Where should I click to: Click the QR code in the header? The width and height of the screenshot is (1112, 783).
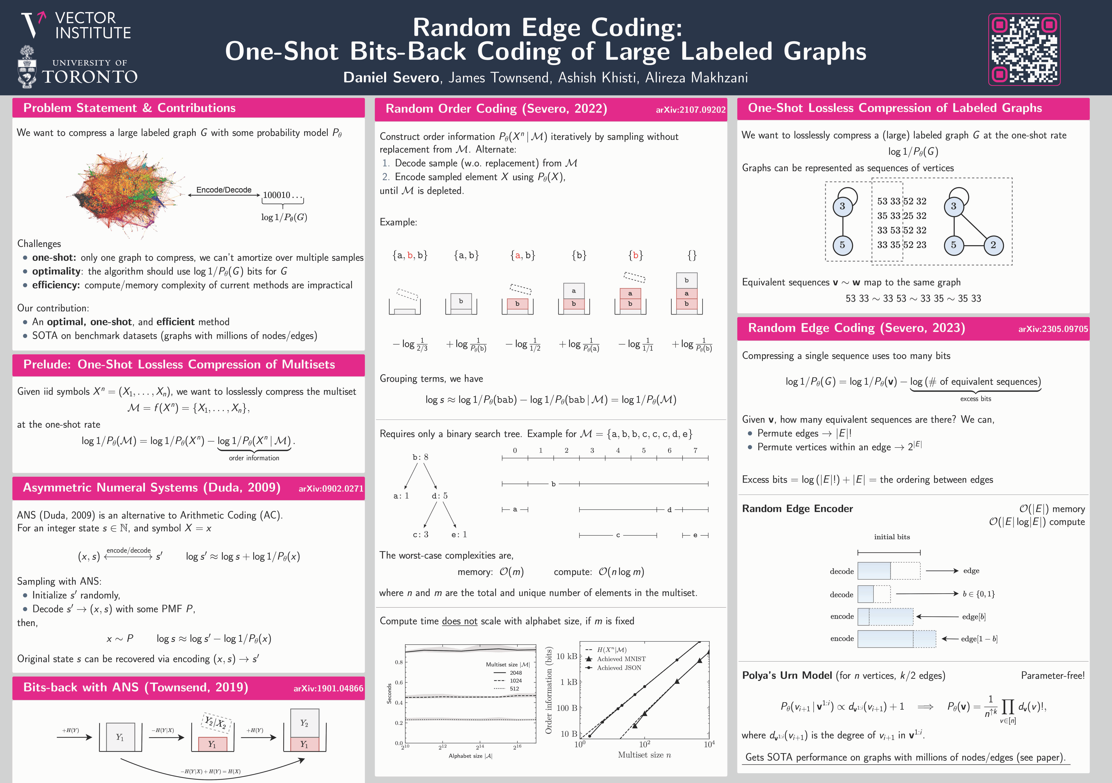[1024, 49]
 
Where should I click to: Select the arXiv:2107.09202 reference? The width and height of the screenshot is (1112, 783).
[690, 110]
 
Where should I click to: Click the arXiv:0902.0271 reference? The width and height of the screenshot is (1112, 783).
[331, 488]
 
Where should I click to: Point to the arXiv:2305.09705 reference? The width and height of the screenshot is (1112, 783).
[1053, 329]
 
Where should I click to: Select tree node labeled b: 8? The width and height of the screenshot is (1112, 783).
[420, 457]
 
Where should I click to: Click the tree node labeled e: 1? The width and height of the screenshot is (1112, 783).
[459, 535]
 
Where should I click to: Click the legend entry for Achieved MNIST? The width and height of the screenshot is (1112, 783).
[621, 659]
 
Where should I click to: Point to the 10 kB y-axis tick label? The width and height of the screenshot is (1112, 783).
[567, 656]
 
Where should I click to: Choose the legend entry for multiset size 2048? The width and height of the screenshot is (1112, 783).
[515, 673]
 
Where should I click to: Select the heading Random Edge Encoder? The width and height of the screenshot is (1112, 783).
[797, 508]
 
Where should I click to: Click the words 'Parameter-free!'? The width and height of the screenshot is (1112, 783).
[1052, 675]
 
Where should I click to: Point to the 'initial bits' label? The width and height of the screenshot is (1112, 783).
[892, 537]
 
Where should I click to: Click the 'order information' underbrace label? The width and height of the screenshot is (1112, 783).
[254, 458]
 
